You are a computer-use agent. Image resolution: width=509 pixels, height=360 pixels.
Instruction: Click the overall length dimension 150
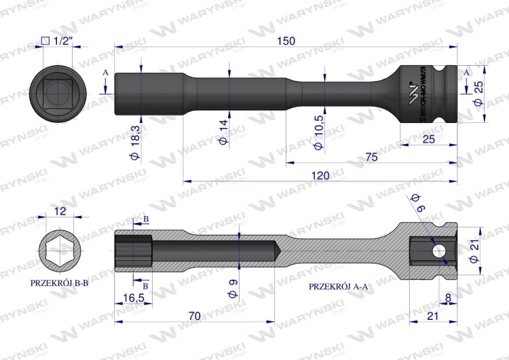pyautogui.click(x=286, y=41)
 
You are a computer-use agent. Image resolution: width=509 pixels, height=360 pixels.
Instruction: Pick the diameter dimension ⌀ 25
pyautogui.click(x=479, y=92)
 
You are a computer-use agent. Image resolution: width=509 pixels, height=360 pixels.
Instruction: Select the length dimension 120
pyautogui.click(x=320, y=175)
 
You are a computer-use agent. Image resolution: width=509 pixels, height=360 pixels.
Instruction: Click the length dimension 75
pyautogui.click(x=371, y=157)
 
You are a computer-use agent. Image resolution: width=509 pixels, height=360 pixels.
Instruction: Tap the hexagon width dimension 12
pyautogui.click(x=59, y=211)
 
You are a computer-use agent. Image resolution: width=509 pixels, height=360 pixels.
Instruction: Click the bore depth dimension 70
pyautogui.click(x=194, y=315)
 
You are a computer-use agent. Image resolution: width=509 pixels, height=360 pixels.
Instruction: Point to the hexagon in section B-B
pyautogui.click(x=59, y=249)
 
